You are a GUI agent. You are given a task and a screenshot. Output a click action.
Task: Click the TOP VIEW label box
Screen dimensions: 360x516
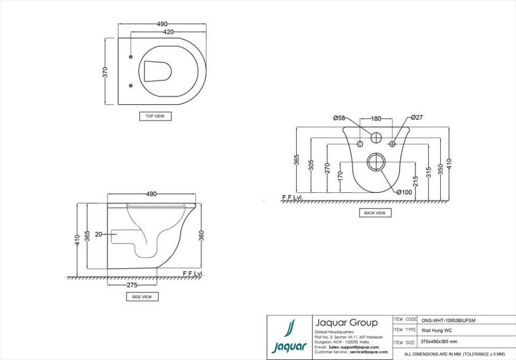[155, 116]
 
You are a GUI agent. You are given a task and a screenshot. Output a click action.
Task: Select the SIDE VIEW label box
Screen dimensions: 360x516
[142, 297]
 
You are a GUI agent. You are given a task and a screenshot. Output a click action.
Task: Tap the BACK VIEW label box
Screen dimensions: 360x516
[375, 213]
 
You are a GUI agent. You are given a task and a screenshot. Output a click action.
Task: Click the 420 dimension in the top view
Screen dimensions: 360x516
[168, 32]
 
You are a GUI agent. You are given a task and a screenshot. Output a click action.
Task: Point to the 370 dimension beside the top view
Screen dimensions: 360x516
[106, 71]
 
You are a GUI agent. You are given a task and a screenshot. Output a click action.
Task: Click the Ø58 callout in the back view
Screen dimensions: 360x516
[339, 118]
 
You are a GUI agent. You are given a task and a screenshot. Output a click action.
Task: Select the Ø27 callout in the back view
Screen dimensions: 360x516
[417, 117]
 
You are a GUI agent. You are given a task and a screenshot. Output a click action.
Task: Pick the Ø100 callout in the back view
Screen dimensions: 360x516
[404, 192]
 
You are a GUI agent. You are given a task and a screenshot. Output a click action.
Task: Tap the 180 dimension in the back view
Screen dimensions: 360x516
[376, 118]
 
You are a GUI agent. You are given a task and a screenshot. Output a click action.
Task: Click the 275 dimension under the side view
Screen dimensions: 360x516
[133, 285]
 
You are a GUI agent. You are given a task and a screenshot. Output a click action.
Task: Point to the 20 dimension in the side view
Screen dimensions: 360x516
[98, 234]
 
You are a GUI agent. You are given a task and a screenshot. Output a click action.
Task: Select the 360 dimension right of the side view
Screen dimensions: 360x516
[202, 235]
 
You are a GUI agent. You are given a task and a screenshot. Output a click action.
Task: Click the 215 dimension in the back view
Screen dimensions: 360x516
[415, 181]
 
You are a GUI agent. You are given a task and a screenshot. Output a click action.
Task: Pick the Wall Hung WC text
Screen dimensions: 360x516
[436, 330]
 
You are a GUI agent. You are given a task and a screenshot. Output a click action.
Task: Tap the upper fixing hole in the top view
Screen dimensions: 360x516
[131, 57]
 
